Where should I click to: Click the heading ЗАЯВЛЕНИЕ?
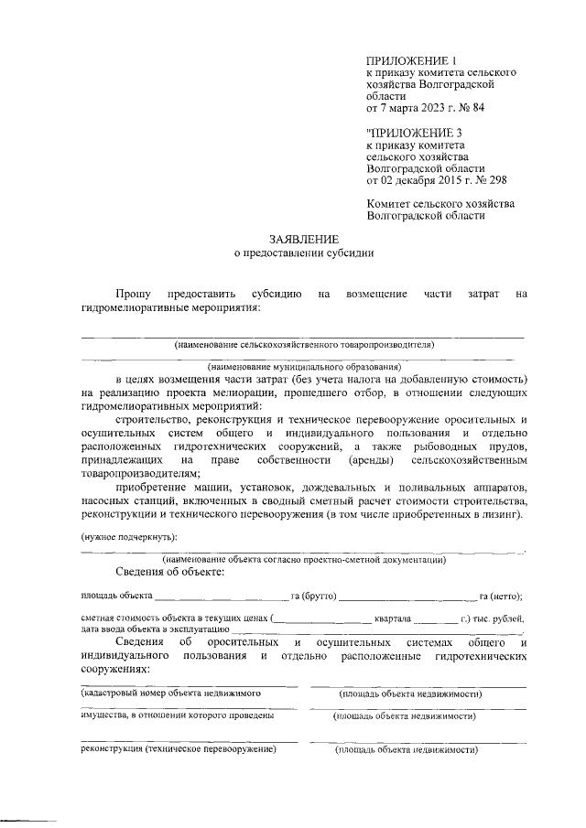[x=304, y=237]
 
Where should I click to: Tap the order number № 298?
[x=491, y=180]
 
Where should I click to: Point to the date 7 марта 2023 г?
[x=413, y=108]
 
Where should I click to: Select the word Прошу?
[x=133, y=293]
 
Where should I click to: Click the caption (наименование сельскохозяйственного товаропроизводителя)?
[x=304, y=345]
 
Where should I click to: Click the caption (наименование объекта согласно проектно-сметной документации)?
[x=304, y=558]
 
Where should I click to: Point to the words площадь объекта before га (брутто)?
[x=110, y=596]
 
